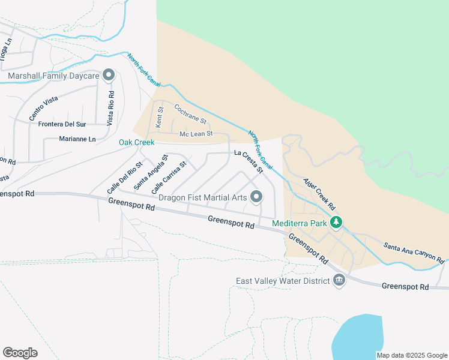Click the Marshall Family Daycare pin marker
[109, 76]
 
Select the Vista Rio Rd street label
[110, 108]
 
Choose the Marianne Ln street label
[77, 139]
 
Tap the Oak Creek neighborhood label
[136, 142]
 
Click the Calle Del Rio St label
[125, 177]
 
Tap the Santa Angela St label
[150, 172]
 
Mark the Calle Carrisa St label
[169, 176]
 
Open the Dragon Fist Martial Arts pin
[256, 196]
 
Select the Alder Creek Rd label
[319, 192]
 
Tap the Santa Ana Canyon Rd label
[414, 253]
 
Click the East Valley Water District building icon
[339, 281]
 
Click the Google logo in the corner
[20, 353]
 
